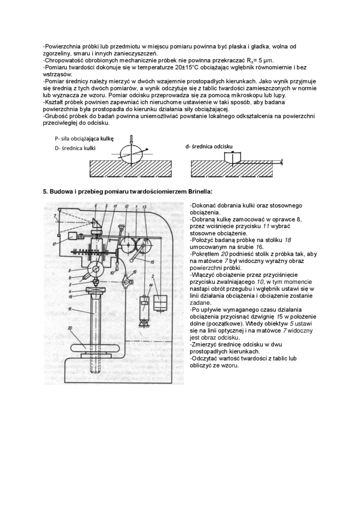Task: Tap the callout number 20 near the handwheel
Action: click(x=71, y=328)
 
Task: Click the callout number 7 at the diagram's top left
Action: click(x=55, y=216)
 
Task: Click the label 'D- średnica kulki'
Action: click(x=75, y=148)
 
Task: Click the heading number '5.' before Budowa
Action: click(x=46, y=191)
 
